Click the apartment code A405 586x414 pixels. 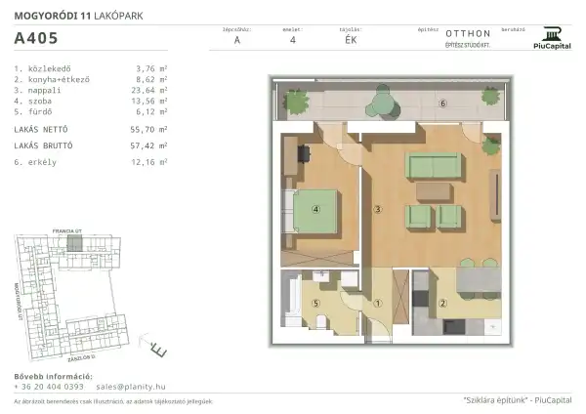(36, 40)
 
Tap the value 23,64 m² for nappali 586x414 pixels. (152, 98)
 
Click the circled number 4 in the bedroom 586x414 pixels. (315, 208)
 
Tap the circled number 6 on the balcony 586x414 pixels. (442, 103)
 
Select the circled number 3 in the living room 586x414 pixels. (376, 208)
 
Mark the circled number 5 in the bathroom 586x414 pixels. (315, 303)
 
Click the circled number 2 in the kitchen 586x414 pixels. (442, 303)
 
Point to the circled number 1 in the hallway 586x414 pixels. (377, 303)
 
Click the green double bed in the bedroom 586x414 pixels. (313, 209)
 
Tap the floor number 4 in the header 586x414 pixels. (293, 41)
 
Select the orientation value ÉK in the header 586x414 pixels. (351, 41)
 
